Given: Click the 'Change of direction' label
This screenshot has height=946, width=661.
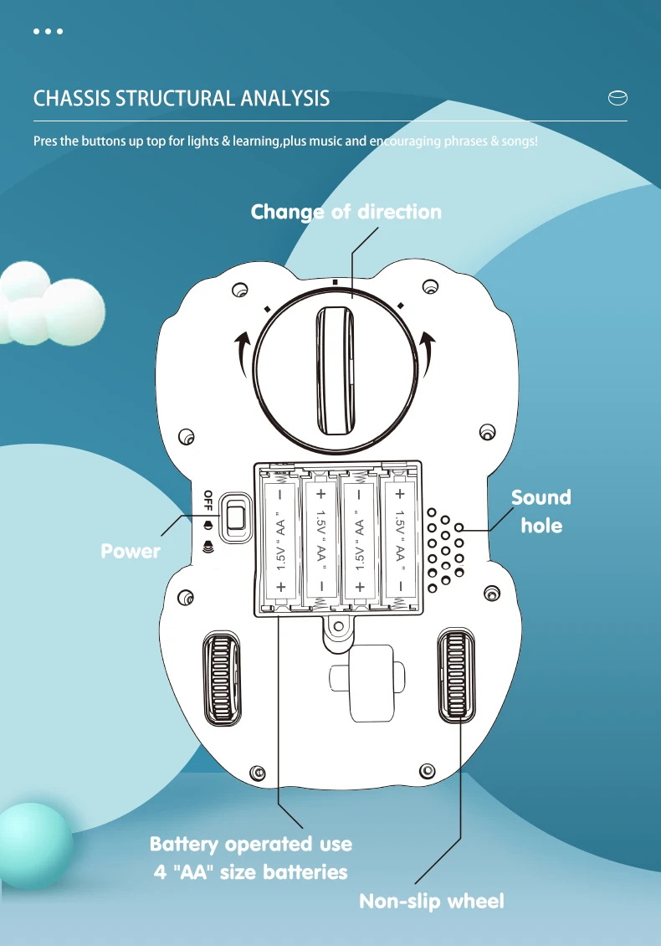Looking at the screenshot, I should (346, 212).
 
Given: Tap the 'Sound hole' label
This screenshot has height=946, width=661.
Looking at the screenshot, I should (541, 511).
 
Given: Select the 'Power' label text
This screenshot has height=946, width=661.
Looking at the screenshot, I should (130, 551).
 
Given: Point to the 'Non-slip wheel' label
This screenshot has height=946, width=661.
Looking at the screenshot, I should (431, 901).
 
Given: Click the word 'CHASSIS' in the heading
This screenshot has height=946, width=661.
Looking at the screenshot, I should (71, 98).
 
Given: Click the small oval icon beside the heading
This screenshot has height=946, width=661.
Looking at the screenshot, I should (617, 99).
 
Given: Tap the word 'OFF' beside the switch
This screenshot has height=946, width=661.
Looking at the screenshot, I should (208, 499).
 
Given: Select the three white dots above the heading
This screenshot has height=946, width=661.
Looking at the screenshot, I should (48, 32).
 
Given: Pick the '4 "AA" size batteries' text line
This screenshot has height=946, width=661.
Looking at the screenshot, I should (250, 871).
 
